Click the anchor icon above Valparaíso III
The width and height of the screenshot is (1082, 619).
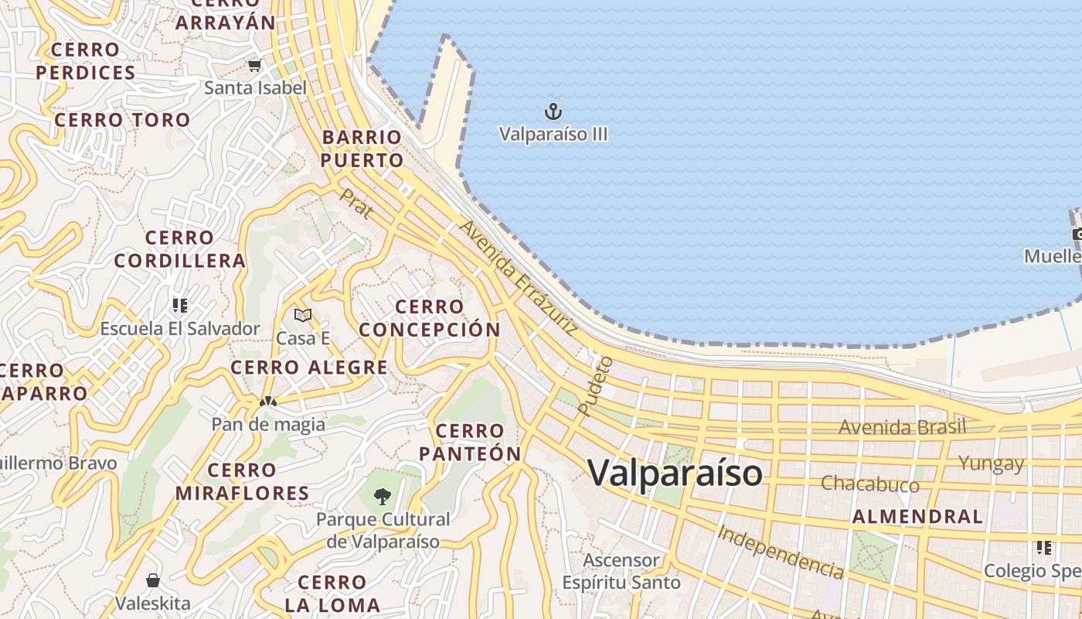coord(553,111)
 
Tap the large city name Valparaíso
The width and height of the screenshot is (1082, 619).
coord(675,473)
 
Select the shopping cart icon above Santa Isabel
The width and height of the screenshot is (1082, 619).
coord(254,66)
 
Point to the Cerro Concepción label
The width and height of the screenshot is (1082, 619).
coord(430,318)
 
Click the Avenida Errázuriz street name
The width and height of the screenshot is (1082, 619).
coord(519,278)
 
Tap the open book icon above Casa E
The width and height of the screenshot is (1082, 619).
coord(303,315)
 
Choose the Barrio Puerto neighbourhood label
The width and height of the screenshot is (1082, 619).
coord(362,149)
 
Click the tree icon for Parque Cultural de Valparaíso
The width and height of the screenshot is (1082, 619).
coord(382,496)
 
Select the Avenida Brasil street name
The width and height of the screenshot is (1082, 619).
coord(902,427)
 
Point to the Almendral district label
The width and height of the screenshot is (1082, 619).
coord(917,517)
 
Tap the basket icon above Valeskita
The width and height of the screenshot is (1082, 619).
coord(153,580)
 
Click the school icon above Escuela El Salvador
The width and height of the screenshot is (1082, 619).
coord(180,305)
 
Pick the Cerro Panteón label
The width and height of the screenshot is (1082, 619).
coord(470,442)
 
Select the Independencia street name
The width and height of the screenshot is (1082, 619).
coord(780,552)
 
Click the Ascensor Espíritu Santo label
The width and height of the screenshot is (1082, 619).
coord(621,571)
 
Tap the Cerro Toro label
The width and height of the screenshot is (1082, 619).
coord(122,120)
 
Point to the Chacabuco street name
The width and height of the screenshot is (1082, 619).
coord(869,484)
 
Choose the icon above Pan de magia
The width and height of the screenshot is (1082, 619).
coord(268,402)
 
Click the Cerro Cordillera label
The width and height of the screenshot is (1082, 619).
coord(179,248)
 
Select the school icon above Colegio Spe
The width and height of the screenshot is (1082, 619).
coord(1044,548)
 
